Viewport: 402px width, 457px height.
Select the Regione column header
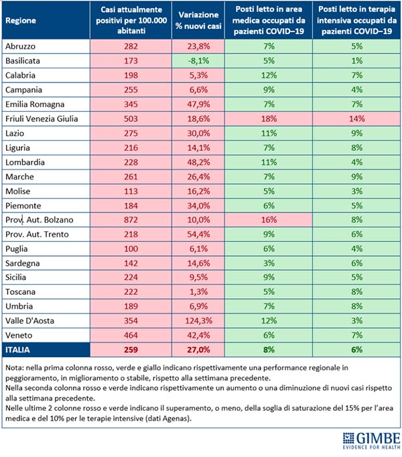tap(21, 20)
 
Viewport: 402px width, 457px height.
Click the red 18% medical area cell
tap(269, 119)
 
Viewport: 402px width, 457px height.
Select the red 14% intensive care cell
tap(356, 119)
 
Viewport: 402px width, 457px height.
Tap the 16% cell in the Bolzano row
tap(269, 219)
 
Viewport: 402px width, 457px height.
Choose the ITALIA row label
tap(19, 350)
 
